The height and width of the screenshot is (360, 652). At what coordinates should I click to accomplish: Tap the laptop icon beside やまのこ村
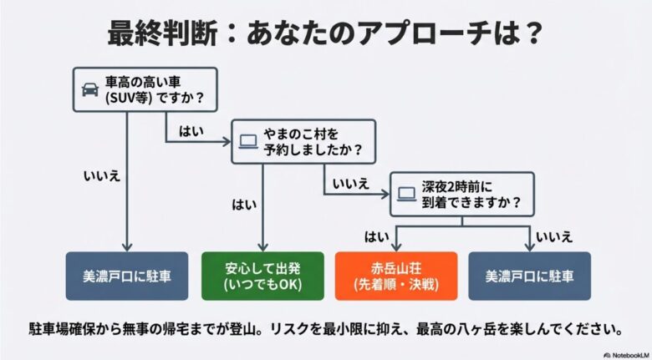point(247,140)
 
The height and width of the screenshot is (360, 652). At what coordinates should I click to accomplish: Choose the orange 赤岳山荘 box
point(396,276)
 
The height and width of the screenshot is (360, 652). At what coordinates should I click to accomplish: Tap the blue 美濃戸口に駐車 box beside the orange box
point(530,276)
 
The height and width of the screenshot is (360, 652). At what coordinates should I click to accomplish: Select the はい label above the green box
point(242,203)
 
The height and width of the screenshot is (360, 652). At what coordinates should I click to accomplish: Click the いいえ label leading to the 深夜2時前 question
point(349,183)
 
